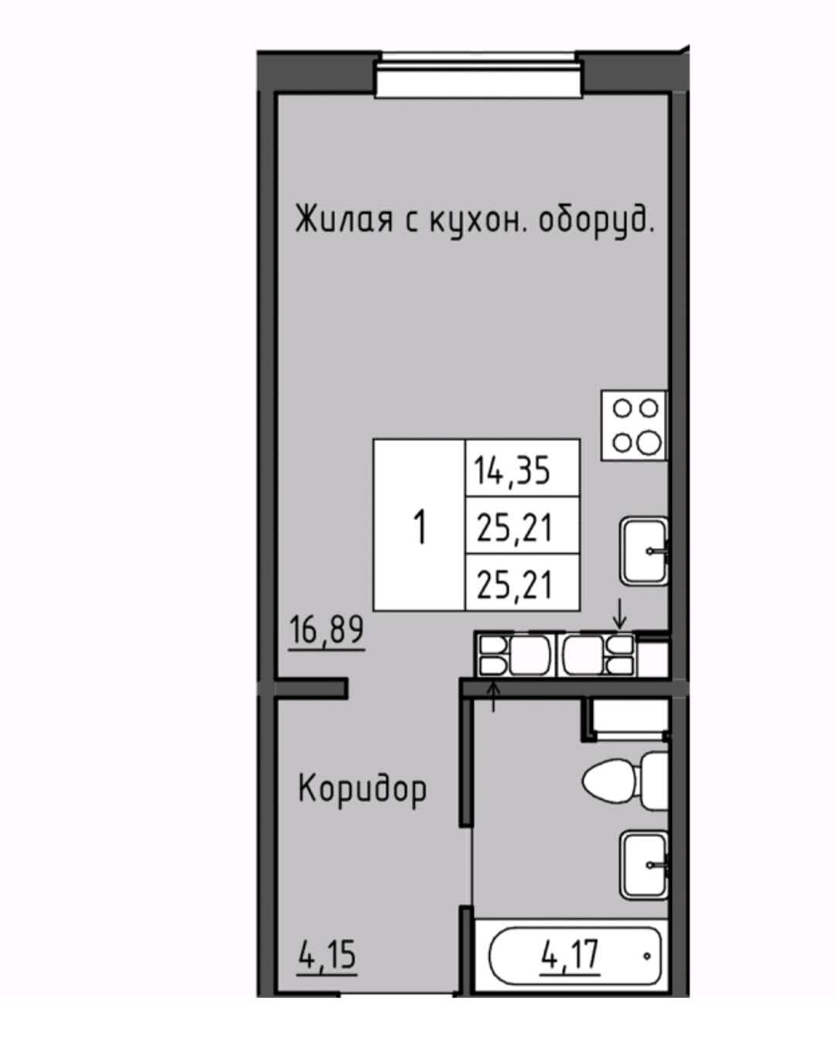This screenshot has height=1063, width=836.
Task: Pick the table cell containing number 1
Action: (x=419, y=524)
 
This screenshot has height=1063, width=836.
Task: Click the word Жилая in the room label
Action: (x=344, y=220)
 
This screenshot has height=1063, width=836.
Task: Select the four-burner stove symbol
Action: (x=634, y=425)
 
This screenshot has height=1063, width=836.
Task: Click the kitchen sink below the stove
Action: (x=644, y=551)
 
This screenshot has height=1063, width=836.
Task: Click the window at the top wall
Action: (x=479, y=77)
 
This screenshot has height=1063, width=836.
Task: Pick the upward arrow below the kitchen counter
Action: (x=494, y=696)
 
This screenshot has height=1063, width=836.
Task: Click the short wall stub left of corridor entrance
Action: (x=311, y=687)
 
